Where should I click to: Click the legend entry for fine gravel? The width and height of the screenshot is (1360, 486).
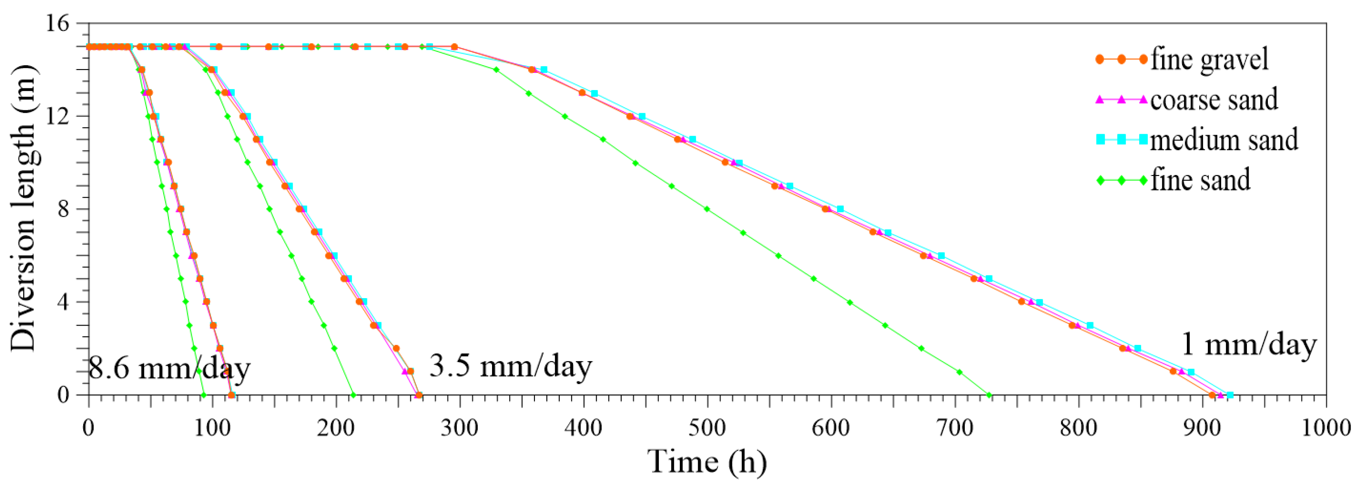(x=1209, y=59)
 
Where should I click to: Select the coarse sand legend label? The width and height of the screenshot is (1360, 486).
(x=1214, y=100)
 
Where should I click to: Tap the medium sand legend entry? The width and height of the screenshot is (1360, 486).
(x=1224, y=140)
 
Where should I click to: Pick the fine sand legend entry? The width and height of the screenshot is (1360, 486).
(x=1200, y=180)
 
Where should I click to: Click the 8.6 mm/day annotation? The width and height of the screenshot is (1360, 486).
(x=169, y=368)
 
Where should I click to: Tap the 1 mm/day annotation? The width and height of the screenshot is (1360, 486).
(x=1248, y=344)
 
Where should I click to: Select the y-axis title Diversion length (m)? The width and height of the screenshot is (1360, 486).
(x=24, y=208)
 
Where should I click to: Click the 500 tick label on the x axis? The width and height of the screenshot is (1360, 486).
(x=707, y=427)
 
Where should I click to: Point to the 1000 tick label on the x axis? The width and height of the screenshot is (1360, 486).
(x=1325, y=427)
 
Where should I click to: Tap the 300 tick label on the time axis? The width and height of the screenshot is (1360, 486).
(x=459, y=427)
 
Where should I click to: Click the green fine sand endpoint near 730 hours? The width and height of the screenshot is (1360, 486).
(x=989, y=395)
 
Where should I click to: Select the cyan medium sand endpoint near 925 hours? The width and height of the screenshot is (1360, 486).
(x=1230, y=395)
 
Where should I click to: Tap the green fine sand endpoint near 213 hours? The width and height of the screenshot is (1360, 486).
(x=353, y=395)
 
